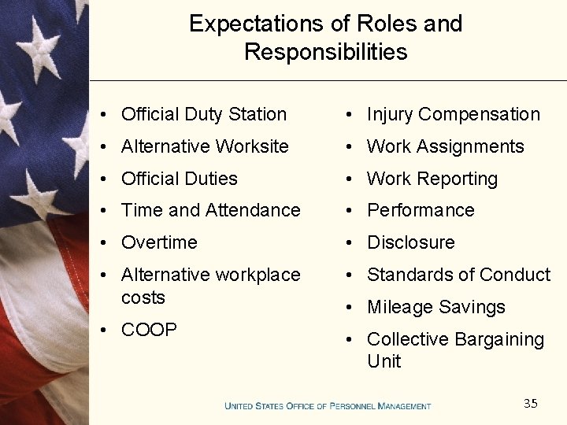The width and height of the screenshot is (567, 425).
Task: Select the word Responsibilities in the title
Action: click(x=325, y=52)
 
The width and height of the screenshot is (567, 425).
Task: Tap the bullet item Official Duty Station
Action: click(x=203, y=114)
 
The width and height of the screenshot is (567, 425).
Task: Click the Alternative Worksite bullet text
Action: click(x=205, y=146)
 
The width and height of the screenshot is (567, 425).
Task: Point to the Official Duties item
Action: click(x=179, y=179)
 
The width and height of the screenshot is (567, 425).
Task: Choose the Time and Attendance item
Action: click(x=210, y=210)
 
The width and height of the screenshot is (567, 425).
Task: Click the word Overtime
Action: click(x=159, y=242)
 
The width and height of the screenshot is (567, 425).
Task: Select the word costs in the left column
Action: click(x=143, y=297)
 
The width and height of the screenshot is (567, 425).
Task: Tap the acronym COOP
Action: click(x=149, y=329)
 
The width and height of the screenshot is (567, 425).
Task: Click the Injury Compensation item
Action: click(x=453, y=114)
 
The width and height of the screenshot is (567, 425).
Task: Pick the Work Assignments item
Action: click(x=445, y=146)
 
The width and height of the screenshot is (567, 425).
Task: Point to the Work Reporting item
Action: click(x=432, y=179)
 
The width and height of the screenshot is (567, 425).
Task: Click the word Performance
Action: click(x=421, y=210)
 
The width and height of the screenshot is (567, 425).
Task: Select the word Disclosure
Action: click(x=410, y=242)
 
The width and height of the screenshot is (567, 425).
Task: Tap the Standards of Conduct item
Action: click(x=458, y=275)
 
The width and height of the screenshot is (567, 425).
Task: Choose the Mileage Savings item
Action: click(x=435, y=307)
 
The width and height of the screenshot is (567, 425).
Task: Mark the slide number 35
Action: click(x=531, y=404)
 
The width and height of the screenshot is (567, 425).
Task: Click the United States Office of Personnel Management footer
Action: click(x=328, y=406)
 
